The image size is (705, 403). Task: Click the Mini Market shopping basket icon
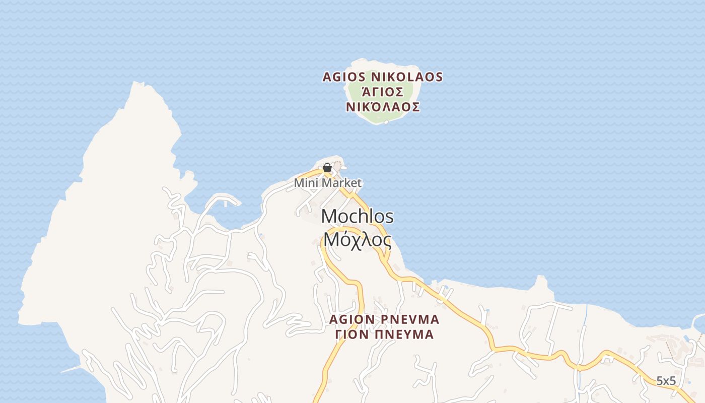click(x=327, y=168)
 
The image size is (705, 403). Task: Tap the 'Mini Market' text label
click(x=328, y=183)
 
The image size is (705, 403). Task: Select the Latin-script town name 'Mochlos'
click(x=358, y=217)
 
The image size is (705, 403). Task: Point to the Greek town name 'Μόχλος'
click(x=358, y=239)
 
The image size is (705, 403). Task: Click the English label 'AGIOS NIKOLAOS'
click(x=383, y=77)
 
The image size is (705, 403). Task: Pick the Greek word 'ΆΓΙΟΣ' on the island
click(x=383, y=92)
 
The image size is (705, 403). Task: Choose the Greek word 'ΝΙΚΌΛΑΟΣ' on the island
click(x=383, y=107)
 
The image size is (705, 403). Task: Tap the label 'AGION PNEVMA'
click(x=384, y=319)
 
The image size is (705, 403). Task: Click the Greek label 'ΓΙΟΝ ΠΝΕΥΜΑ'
click(x=384, y=334)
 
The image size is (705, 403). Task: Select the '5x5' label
click(x=666, y=381)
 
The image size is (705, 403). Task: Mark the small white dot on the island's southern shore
click(x=386, y=122)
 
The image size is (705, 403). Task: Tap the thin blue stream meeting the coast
click(x=586, y=315)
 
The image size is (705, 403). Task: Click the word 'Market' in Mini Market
click(x=342, y=183)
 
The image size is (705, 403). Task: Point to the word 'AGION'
click(x=351, y=319)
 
